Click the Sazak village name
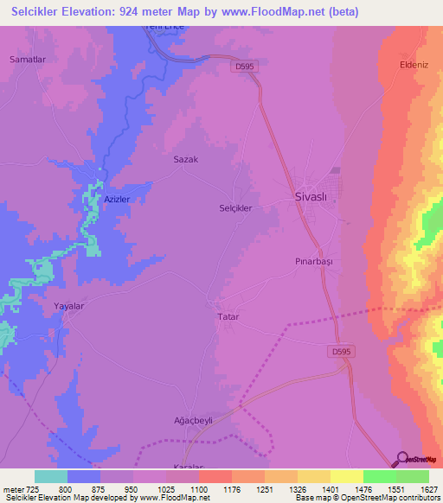186,160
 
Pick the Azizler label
117,199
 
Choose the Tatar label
226,317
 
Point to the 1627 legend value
428,488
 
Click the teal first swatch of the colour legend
51,476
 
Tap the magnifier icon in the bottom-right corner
402,459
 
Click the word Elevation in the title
92,12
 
